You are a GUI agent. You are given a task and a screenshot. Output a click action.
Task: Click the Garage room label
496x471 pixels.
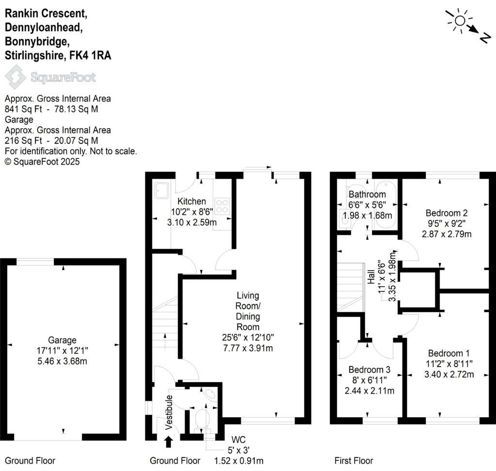pyautogui.click(x=62, y=340)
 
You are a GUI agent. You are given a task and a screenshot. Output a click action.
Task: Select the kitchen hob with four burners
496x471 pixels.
pyautogui.click(x=222, y=206)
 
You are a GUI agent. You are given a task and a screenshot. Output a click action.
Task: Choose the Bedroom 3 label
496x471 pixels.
pyautogui.click(x=376, y=370)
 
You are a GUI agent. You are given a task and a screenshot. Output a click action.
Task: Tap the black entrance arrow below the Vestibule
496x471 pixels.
pyautogui.click(x=169, y=441)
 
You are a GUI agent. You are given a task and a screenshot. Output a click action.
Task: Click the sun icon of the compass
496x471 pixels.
pyautogui.click(x=459, y=20)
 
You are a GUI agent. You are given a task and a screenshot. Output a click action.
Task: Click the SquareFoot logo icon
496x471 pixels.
pyautogui.click(x=15, y=77)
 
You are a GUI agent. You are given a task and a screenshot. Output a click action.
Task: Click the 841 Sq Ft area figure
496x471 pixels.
pyautogui.click(x=21, y=109)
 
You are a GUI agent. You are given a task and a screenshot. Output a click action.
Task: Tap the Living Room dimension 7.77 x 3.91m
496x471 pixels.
pyautogui.click(x=248, y=348)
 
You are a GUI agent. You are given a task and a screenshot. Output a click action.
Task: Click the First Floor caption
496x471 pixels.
pyautogui.click(x=354, y=460)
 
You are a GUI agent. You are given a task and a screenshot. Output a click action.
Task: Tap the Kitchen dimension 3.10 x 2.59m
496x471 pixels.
pyautogui.click(x=191, y=222)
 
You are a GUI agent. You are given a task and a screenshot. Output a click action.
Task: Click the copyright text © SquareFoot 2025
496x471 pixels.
pyautogui.click(x=42, y=162)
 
